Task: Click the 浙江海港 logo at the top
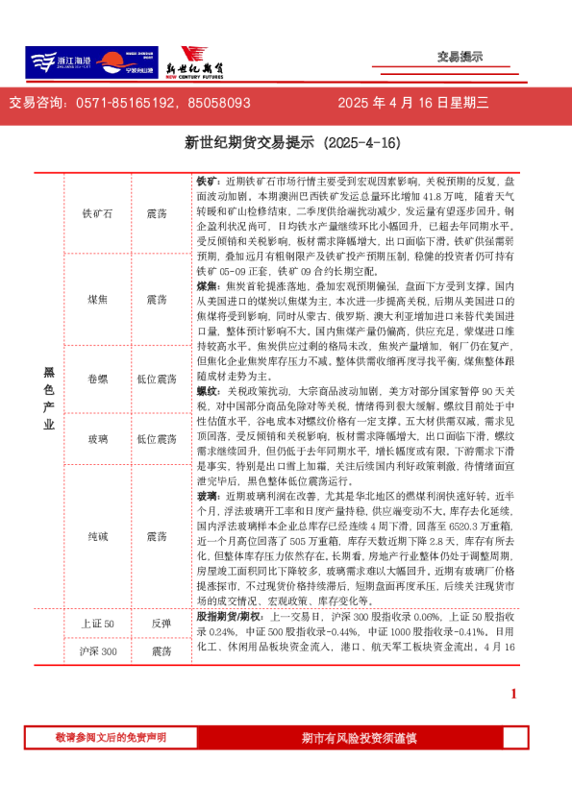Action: coord(59,61)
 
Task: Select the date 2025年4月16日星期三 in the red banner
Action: coord(413,103)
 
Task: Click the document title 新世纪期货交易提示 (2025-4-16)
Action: coord(291,143)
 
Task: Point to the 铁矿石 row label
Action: coord(97,214)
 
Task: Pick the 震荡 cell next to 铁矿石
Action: coord(157,214)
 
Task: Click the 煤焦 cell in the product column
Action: coord(97,299)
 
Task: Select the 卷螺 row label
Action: coord(97,380)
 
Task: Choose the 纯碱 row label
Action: coord(97,534)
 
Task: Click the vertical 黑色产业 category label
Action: coord(49,398)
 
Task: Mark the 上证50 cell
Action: coord(97,624)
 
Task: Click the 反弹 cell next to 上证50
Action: coord(160,624)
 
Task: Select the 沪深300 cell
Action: coord(97,651)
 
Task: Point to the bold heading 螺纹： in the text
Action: coord(210,392)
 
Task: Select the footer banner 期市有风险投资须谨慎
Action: coord(359,737)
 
